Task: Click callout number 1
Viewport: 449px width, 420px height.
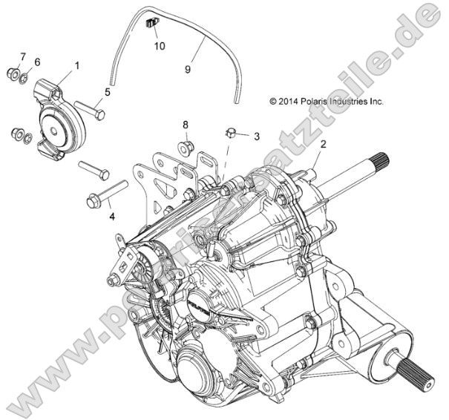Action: (76, 66)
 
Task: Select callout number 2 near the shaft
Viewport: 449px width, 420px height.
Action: (323, 142)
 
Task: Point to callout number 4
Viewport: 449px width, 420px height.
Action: (111, 217)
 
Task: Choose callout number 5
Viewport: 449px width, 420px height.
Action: (107, 92)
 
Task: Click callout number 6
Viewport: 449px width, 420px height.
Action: (38, 62)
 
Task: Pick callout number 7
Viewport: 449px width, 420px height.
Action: (22, 56)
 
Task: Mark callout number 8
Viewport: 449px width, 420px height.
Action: (186, 124)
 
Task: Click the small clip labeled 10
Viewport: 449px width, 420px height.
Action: (153, 24)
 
